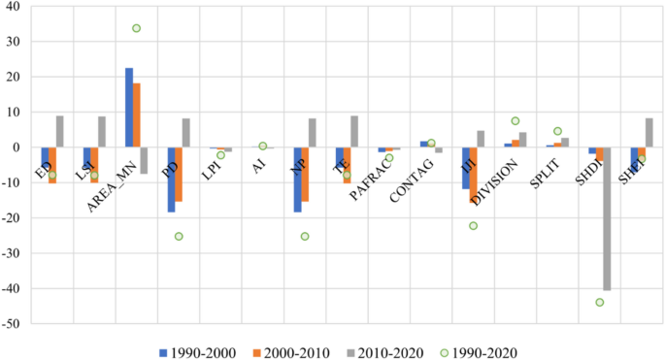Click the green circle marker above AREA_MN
137,28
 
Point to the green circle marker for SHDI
599,302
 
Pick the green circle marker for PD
179,236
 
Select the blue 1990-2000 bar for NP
297,180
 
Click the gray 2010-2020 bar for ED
60,131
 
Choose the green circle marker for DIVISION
515,121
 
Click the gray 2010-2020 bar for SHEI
648,133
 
